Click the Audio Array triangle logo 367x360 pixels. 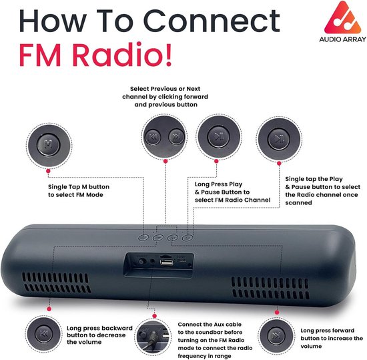342,18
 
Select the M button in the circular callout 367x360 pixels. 49,144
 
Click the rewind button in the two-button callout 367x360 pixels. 153,136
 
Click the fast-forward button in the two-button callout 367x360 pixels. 176,136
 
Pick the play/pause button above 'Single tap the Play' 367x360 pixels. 279,139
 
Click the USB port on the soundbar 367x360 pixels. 167,262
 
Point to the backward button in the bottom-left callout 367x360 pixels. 43,333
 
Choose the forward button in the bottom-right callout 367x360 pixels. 276,336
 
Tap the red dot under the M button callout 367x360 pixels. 48,171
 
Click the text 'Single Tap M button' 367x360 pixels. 79,187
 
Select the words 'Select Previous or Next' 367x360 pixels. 165,89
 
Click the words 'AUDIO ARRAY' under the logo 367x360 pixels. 342,39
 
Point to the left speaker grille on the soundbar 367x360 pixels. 55,283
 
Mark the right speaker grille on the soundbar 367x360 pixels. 270,288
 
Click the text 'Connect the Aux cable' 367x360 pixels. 210,325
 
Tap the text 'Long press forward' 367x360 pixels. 327,331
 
